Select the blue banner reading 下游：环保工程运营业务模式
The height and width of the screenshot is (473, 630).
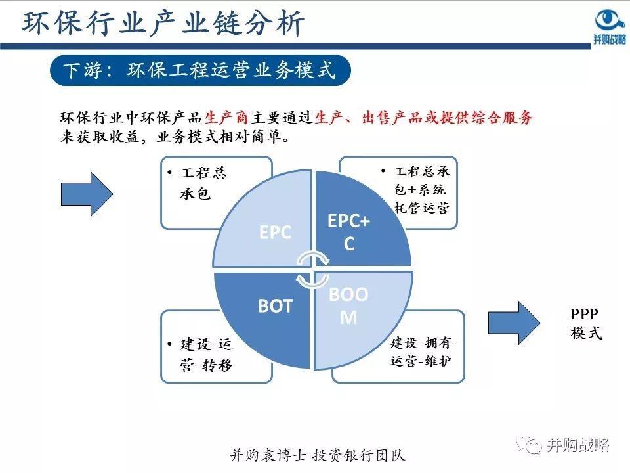coord(199,70)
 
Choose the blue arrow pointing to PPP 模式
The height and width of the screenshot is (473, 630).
coord(514,323)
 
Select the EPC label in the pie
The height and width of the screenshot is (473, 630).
coord(275,233)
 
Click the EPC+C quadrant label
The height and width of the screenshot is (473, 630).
coord(348,232)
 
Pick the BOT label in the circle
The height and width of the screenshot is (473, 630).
coord(275,306)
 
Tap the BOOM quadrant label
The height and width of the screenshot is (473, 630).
coord(348,305)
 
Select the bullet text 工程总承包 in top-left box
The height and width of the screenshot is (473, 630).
coord(203,184)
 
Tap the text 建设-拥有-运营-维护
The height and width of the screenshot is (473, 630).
coord(423,352)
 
